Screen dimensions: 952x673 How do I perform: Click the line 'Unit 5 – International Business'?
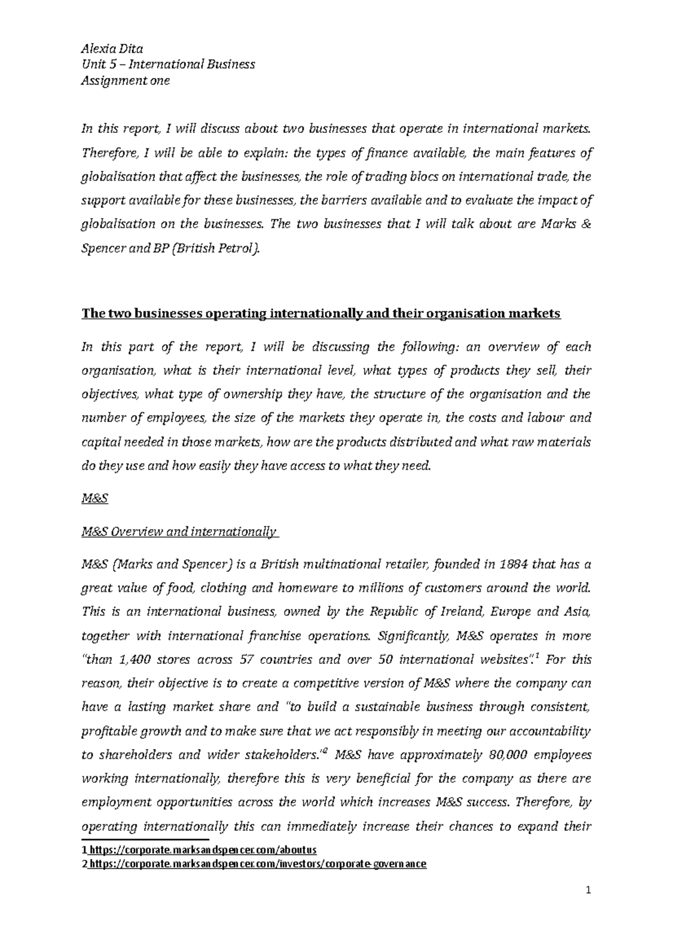click(168, 64)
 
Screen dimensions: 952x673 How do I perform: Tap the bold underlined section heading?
click(321, 314)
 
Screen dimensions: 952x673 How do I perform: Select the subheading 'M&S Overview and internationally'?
click(179, 531)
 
